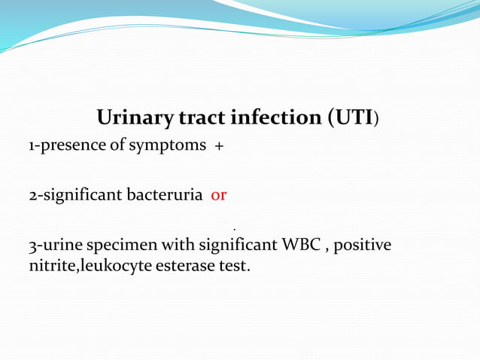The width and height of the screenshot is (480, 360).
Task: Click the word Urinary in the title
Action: (x=135, y=118)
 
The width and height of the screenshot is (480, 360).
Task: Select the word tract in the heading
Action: (x=202, y=118)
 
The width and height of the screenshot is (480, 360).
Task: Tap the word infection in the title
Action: (x=275, y=118)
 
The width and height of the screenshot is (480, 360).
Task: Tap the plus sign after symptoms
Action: (x=218, y=147)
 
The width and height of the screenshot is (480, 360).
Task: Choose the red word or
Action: (x=219, y=196)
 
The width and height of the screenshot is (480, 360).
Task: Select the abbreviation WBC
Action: (x=301, y=246)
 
